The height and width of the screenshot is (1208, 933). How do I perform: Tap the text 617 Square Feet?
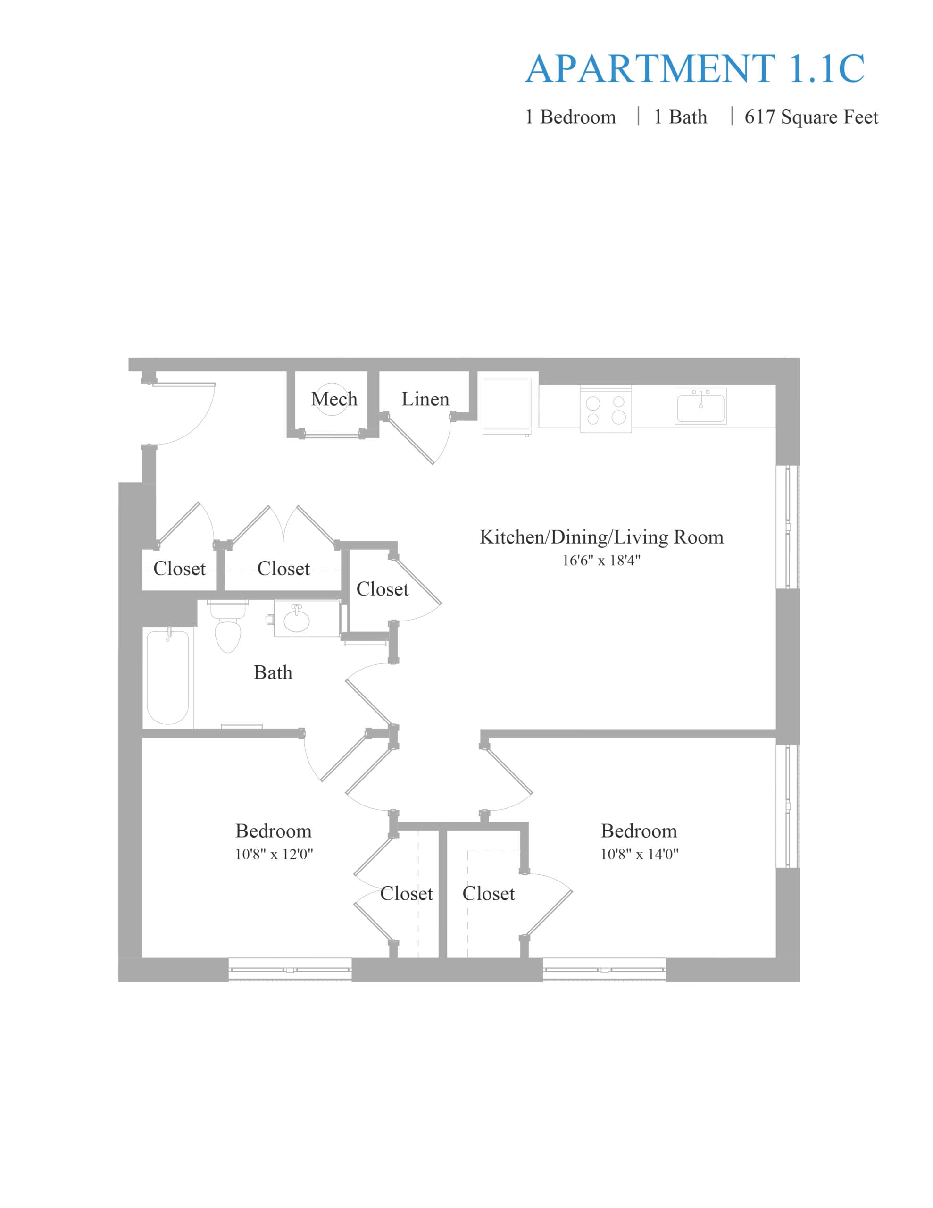811,117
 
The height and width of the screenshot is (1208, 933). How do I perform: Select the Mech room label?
334,399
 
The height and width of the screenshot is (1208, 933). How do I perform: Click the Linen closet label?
425,399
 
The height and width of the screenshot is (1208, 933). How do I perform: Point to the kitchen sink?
701,406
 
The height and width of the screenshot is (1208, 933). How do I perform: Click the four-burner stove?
606,409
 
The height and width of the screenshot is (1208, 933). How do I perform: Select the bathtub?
168,677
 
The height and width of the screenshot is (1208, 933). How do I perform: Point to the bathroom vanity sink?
297,620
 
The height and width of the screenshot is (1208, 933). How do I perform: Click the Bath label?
273,672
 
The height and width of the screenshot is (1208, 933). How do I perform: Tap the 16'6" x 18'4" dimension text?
601,560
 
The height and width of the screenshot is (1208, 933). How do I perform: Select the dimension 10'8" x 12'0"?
274,854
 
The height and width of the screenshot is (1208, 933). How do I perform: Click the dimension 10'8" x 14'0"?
639,854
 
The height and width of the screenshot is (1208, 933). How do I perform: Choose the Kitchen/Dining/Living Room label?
602,537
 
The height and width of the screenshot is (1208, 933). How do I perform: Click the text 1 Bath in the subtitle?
680,117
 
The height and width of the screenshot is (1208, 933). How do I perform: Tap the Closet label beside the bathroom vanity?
382,589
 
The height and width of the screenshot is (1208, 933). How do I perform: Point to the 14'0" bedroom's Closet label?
488,893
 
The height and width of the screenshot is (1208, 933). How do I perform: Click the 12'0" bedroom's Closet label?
407,893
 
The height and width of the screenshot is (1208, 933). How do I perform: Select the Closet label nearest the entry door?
179,569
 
